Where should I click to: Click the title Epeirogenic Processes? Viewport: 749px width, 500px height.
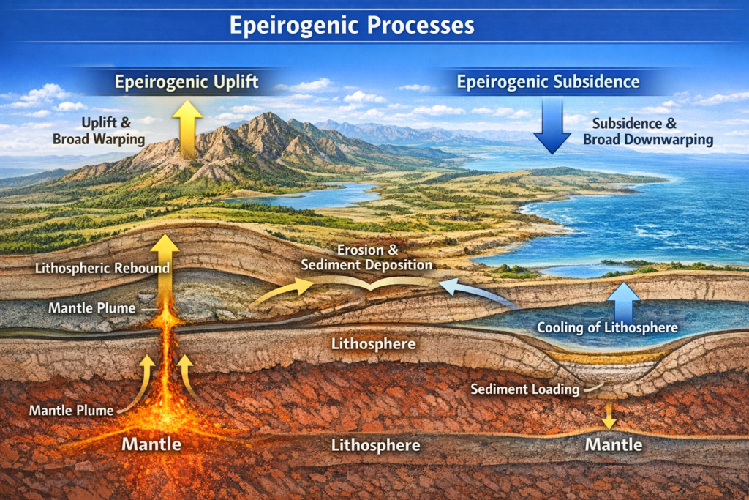[352, 26]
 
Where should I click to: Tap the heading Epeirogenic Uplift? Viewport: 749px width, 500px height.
[187, 81]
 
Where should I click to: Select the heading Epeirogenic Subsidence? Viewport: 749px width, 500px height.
[549, 81]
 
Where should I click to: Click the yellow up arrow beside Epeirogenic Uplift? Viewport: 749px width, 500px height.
[187, 128]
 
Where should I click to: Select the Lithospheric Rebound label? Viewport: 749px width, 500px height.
[102, 268]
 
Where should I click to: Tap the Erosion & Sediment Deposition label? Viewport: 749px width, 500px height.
[380, 257]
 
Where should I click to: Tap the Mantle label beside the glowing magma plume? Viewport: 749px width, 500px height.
[151, 443]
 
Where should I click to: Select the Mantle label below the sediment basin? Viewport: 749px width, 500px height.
[614, 444]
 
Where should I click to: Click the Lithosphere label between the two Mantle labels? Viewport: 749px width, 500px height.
[375, 444]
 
